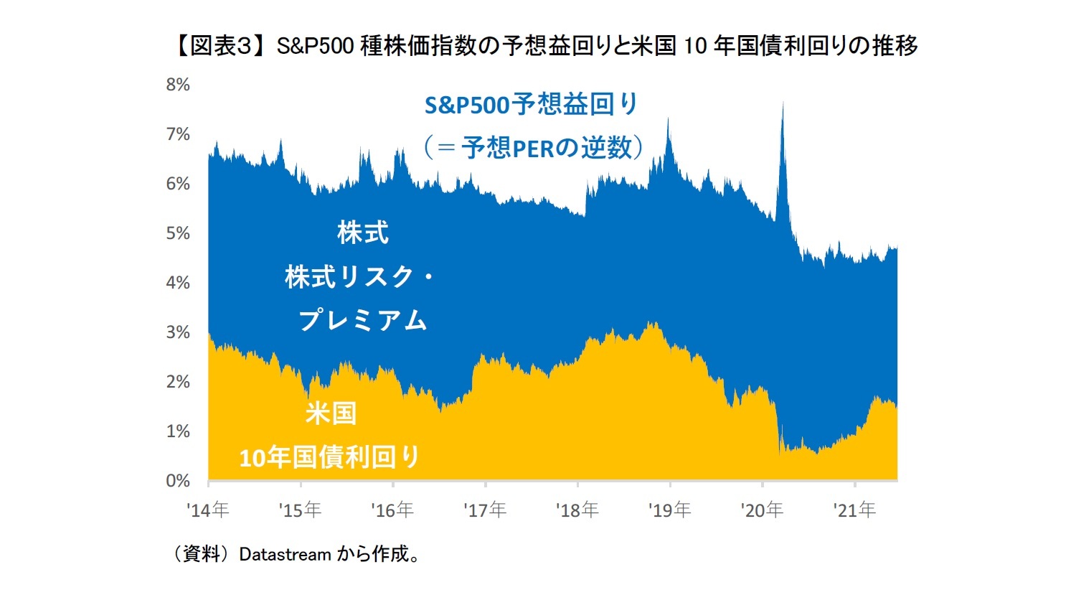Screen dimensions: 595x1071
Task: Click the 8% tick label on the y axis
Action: (178, 85)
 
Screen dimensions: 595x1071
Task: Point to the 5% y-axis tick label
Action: (178, 233)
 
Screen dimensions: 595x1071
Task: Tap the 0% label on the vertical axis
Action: (178, 481)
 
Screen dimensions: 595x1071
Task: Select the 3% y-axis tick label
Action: (178, 332)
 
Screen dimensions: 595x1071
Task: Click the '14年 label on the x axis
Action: (208, 510)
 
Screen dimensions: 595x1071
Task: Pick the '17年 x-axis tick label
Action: (485, 510)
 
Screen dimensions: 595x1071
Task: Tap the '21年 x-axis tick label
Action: (854, 510)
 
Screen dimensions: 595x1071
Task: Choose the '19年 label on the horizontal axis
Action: (670, 510)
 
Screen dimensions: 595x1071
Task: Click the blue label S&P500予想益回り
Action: (532, 105)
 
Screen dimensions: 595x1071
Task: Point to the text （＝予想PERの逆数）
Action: (532, 148)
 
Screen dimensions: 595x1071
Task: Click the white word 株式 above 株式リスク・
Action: (363, 233)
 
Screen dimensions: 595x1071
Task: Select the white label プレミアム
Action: (363, 320)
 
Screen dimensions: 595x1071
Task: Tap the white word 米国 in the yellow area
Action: (331, 413)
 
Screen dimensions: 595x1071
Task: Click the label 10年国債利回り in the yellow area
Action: (330, 457)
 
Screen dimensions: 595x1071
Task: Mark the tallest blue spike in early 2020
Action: (783, 105)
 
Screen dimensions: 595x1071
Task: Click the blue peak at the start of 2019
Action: (668, 121)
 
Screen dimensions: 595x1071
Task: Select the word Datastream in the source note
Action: (285, 554)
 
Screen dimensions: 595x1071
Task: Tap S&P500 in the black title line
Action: (315, 46)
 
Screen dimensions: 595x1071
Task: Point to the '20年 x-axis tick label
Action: (762, 510)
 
